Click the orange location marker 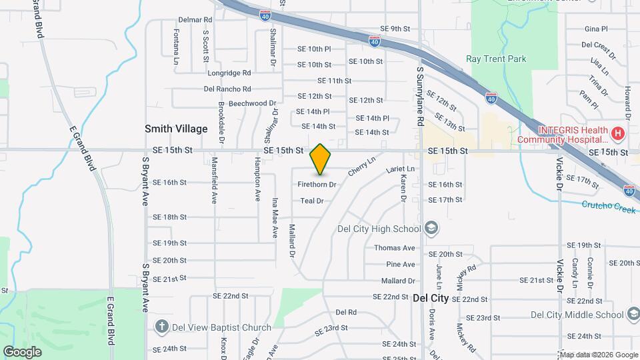(x=321, y=159)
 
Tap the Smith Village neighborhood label (x=177, y=129)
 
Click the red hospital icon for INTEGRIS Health (x=618, y=134)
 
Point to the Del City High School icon (x=431, y=229)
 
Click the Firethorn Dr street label (x=317, y=184)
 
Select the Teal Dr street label (x=311, y=201)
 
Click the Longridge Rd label (x=229, y=73)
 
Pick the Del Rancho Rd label (x=227, y=89)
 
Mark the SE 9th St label (x=395, y=29)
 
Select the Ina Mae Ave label (x=274, y=217)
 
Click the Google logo (x=22, y=352)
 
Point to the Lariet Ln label (x=400, y=169)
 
